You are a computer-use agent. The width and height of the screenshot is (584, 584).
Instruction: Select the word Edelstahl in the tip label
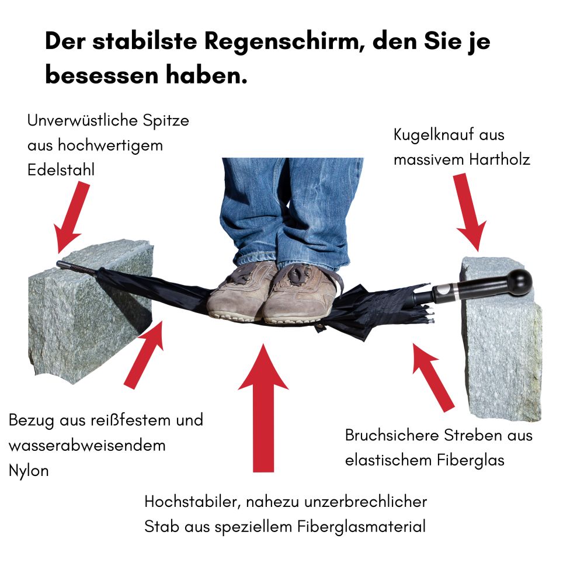click(x=61, y=170)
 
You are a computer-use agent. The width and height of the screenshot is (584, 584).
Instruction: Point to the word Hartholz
click(x=499, y=159)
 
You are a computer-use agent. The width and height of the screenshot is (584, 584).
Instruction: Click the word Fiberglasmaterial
click(x=361, y=527)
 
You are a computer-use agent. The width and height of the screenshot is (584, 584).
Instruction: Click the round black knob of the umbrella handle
click(x=519, y=282)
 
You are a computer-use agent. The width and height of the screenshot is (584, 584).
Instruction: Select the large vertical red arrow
click(x=263, y=408)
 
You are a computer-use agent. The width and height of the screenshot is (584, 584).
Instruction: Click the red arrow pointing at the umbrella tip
click(x=71, y=216)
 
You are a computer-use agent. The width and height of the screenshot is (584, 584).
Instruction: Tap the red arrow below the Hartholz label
click(x=470, y=211)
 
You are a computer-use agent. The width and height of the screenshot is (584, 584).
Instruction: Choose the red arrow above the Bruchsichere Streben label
click(x=432, y=377)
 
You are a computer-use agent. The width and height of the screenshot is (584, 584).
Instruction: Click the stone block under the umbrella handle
click(x=501, y=339)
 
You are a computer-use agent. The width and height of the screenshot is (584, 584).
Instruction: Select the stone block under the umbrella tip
click(x=91, y=311)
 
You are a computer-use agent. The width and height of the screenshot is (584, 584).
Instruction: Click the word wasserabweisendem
click(x=87, y=446)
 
